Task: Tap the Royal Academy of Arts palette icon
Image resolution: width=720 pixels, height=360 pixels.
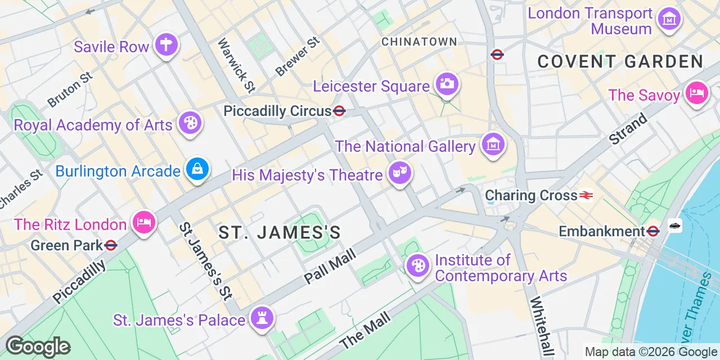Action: [190, 123]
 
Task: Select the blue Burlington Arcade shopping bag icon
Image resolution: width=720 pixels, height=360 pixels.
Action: [197, 169]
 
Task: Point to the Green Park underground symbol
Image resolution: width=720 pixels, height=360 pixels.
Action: [111, 245]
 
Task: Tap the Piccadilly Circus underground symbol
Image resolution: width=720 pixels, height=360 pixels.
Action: [339, 111]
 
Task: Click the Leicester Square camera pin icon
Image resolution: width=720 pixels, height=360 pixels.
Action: [447, 85]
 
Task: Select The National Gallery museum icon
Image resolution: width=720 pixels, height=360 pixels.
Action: [493, 145]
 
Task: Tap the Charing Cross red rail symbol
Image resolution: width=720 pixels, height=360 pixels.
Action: [586, 195]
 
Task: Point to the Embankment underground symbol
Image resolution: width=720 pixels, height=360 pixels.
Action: [652, 231]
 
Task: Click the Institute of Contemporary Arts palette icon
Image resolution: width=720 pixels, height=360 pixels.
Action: [417, 266]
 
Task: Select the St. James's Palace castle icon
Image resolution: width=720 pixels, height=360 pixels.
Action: [262, 318]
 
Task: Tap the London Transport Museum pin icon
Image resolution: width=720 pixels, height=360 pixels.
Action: [669, 20]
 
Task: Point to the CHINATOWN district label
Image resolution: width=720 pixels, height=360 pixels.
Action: [419, 42]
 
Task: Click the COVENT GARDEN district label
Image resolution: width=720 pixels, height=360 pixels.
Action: [620, 62]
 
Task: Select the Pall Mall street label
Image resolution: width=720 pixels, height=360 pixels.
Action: [330, 266]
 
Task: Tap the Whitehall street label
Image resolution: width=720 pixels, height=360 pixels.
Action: [540, 327]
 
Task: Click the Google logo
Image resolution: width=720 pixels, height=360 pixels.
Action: [38, 346]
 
